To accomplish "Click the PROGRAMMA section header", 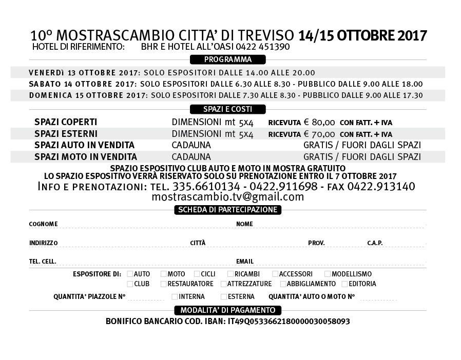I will [227, 59].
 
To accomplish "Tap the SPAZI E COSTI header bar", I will [227, 109].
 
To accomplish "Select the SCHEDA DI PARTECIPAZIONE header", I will [227, 209].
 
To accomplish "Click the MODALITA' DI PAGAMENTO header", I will [227, 310].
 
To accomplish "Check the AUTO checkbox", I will [130, 274].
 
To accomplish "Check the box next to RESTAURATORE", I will [164, 284].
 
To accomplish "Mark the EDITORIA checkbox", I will [344, 284].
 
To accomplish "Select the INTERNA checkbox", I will [175, 296].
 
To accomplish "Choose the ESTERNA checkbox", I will [224, 296].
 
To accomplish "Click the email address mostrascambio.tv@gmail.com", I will [227, 197].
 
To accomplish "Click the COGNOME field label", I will [44, 224].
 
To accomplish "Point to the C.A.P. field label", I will [375, 243].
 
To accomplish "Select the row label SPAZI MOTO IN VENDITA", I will [86, 157].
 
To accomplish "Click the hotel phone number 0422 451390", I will [263, 47].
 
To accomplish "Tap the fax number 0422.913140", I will [381, 187].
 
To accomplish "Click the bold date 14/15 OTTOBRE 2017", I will [362, 36].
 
